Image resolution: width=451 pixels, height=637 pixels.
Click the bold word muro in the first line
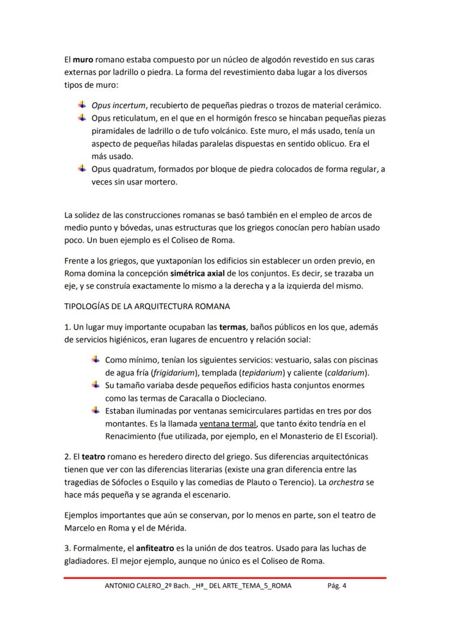(x=82, y=59)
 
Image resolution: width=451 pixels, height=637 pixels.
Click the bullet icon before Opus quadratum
(x=82, y=169)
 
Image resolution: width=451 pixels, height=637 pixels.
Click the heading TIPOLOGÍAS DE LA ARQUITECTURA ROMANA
(x=147, y=306)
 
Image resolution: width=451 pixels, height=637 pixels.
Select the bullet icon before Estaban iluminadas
(x=95, y=410)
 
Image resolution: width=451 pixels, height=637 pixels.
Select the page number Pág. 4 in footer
(x=337, y=586)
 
